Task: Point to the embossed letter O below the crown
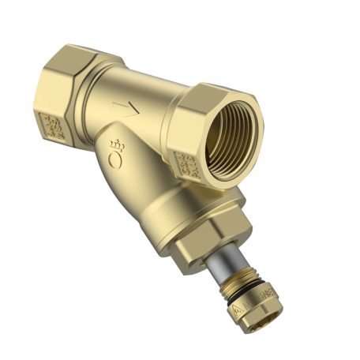tap(116, 162)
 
